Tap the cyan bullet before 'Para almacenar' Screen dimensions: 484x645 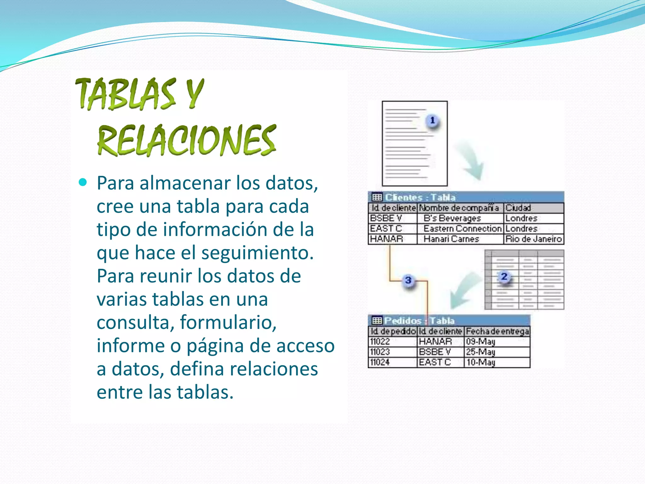(x=83, y=182)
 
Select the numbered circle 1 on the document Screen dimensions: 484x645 (x=432, y=120)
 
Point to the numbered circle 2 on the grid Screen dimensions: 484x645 (x=504, y=277)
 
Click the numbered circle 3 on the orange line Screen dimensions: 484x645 (x=408, y=280)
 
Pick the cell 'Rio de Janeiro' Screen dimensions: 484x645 (x=534, y=239)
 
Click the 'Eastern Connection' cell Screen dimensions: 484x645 (x=462, y=228)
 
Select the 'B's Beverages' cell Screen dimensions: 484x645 (x=452, y=218)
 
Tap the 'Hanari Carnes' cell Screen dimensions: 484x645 (x=451, y=239)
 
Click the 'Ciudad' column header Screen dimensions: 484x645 (x=518, y=208)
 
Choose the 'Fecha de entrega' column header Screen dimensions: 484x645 (x=497, y=331)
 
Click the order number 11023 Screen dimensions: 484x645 (x=380, y=352)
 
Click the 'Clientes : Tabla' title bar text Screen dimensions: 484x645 (x=420, y=198)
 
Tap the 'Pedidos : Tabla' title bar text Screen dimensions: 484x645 (x=419, y=321)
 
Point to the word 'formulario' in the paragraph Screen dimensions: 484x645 (x=228, y=322)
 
